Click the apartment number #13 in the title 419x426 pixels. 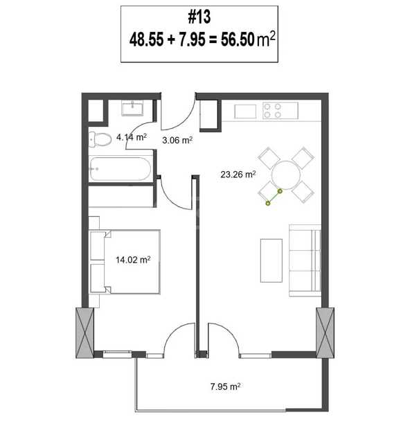[x=199, y=17]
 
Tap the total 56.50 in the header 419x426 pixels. [x=238, y=39]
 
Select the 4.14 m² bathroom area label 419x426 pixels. [x=132, y=137]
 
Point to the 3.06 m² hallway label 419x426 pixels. [x=177, y=140]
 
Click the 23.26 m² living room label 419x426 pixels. [x=238, y=174]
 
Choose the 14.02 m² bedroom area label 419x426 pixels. [x=133, y=260]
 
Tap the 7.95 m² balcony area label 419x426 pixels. [x=225, y=387]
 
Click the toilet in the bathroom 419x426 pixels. [x=100, y=139]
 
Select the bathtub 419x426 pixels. [x=120, y=169]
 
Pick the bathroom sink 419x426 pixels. [x=132, y=108]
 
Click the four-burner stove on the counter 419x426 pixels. [x=280, y=111]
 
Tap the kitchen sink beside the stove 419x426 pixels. [x=245, y=112]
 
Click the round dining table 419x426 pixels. [x=286, y=175]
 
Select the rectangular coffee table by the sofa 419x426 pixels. [x=271, y=260]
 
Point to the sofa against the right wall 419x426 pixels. [x=305, y=260]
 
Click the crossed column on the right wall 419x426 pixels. [x=325, y=332]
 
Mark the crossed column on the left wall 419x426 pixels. [x=84, y=332]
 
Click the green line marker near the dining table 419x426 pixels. [x=274, y=197]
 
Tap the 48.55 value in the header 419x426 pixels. [x=146, y=39]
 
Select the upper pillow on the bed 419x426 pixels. [x=97, y=246]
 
